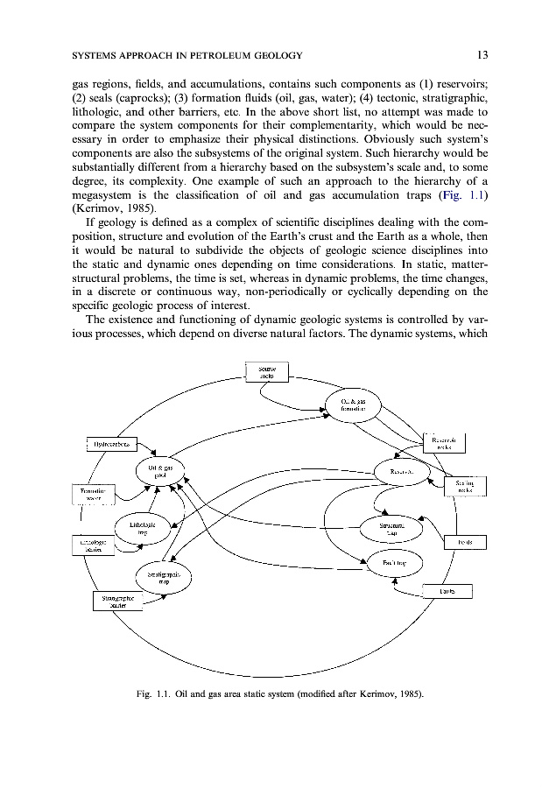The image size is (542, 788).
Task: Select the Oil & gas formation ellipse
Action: pyautogui.click(x=353, y=405)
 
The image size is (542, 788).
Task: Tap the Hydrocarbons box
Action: pyautogui.click(x=114, y=445)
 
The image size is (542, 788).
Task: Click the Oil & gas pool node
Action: pyautogui.click(x=162, y=473)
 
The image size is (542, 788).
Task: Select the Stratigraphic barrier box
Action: pyautogui.click(x=117, y=603)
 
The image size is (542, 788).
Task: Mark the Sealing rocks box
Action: pyautogui.click(x=465, y=487)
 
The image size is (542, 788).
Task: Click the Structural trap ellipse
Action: pyautogui.click(x=391, y=529)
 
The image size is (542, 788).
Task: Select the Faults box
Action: pyautogui.click(x=447, y=592)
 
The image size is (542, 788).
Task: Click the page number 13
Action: pyautogui.click(x=482, y=55)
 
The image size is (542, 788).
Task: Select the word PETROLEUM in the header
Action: pyautogui.click(x=218, y=55)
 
